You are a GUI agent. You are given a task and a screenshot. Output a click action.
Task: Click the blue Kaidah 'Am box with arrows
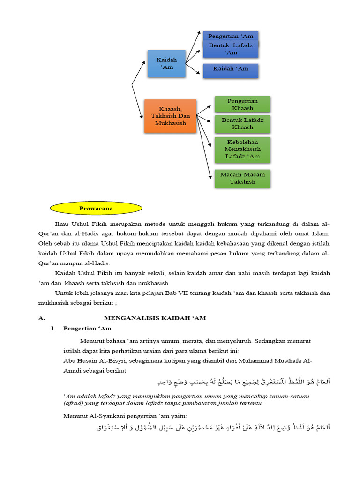point(166,63)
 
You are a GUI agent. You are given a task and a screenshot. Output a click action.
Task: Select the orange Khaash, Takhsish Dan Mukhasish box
point(170,116)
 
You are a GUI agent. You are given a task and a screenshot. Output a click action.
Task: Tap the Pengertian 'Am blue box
point(230,36)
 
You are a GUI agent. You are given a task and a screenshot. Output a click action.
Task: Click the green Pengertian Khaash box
point(242,105)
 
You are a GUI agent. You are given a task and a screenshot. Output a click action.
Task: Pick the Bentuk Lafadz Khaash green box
point(242,124)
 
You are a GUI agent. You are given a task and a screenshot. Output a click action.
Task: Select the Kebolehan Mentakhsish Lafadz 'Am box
point(242,149)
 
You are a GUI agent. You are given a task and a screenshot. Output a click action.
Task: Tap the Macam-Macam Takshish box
point(242,178)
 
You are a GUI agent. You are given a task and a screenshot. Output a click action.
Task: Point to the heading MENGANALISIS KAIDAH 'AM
point(155,318)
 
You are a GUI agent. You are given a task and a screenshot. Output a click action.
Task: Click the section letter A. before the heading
point(42,318)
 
